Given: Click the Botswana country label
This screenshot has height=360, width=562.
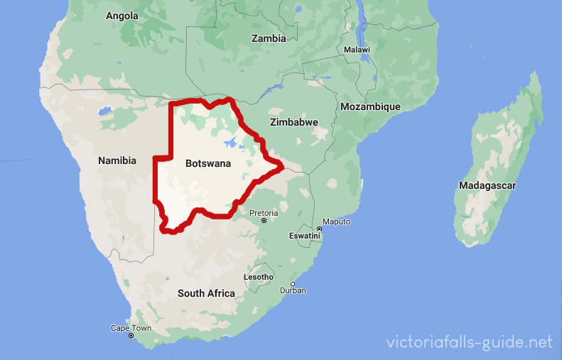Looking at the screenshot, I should (x=208, y=163).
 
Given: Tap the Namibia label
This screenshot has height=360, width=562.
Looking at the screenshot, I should (x=117, y=161).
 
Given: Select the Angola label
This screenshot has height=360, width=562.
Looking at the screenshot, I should (x=122, y=15).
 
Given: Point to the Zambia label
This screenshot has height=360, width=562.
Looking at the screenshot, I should (x=269, y=38).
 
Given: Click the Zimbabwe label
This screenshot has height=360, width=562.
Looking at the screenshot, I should (x=294, y=122).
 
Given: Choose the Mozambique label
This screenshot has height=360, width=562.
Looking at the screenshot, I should (x=370, y=107).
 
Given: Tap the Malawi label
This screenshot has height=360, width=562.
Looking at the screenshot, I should (x=357, y=50).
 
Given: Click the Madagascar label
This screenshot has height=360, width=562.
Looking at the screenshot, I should (x=487, y=185).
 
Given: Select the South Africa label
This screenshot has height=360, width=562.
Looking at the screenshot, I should (x=206, y=293).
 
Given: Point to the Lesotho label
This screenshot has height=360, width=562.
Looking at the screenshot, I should (x=259, y=276).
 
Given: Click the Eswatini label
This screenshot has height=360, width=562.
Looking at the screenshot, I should (x=305, y=235).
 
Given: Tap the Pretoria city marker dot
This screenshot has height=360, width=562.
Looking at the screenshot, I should (x=264, y=221).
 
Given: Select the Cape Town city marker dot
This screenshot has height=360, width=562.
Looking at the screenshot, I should (x=131, y=335).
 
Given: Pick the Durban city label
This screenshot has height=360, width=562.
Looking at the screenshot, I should (x=293, y=290).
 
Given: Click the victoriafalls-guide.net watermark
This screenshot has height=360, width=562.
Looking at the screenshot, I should (x=469, y=342).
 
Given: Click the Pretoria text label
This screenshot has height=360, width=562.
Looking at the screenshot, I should (x=264, y=212).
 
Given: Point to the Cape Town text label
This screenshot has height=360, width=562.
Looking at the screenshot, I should (x=131, y=328).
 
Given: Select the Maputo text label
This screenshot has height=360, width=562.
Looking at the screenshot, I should (x=337, y=222).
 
